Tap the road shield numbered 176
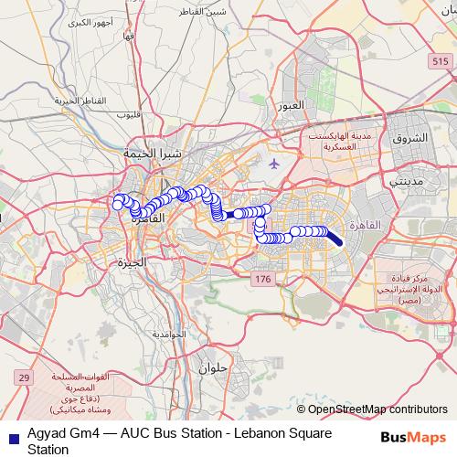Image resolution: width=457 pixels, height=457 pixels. (x=263, y=279)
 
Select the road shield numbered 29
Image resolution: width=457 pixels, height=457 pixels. (x=24, y=377)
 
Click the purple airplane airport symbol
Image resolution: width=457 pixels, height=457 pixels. (x=276, y=162)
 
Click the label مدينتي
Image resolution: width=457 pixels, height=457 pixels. (x=407, y=181)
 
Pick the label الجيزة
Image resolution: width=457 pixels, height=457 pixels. (x=133, y=262)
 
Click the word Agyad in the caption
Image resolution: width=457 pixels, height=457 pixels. (x=46, y=433)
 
